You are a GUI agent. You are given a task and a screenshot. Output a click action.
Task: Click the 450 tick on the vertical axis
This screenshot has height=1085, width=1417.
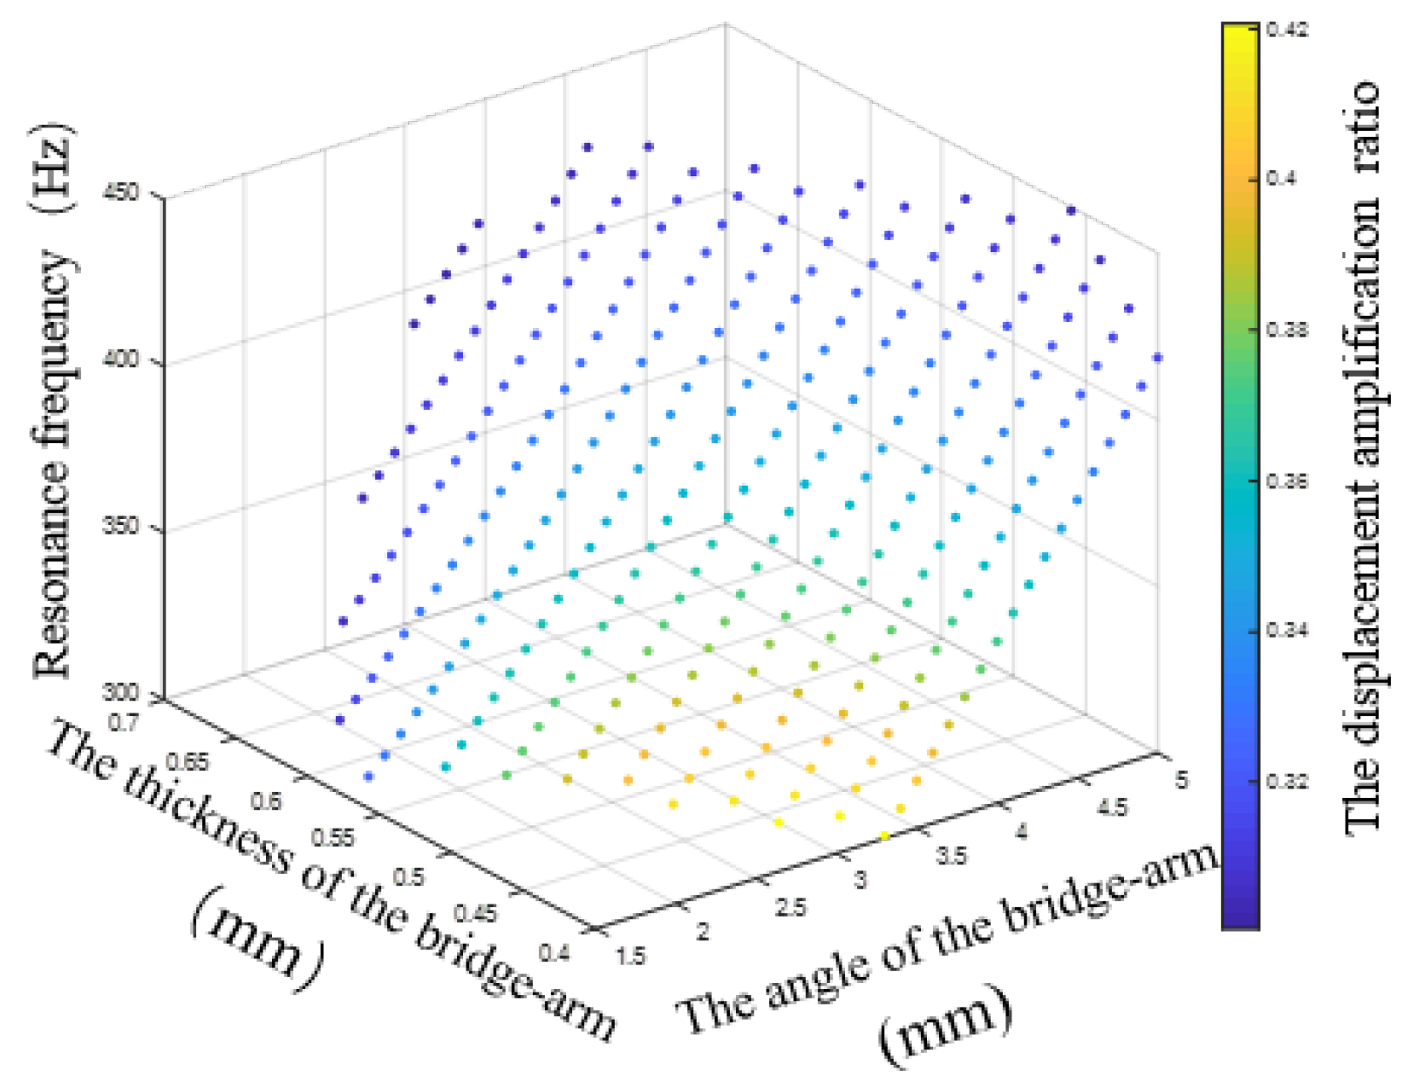click(127, 191)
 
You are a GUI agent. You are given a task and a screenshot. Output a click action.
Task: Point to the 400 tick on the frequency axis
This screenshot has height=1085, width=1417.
click(127, 359)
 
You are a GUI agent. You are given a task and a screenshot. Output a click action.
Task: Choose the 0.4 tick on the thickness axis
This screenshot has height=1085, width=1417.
click(554, 952)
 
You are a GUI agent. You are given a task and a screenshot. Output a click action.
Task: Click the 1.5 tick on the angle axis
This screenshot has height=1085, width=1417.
click(630, 956)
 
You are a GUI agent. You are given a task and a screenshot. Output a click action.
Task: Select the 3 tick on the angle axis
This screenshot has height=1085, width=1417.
click(860, 880)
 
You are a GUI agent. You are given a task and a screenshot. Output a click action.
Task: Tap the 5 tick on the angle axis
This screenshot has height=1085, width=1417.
click(1182, 780)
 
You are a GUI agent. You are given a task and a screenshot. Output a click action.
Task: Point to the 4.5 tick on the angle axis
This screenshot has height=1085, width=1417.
click(1112, 808)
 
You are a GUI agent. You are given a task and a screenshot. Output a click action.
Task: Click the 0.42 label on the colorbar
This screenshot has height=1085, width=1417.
click(1287, 30)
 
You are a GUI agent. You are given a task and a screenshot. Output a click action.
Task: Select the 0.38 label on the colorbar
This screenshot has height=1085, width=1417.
click(1287, 330)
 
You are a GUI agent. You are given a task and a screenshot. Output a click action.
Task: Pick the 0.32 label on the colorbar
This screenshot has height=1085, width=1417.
click(1287, 780)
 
